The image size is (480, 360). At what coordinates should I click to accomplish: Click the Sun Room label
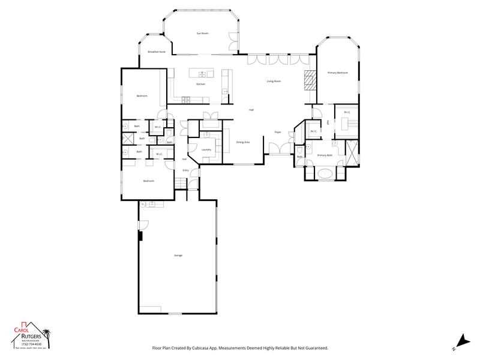pos(202,33)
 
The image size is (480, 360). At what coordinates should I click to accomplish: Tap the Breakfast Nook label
pos(157,52)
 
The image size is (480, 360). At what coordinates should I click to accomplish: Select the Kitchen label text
pos(200,84)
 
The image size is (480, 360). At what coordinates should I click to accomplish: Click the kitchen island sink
pos(203,74)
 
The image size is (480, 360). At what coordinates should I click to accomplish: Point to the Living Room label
pos(274,81)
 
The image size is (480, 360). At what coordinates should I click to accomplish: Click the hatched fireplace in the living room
pos(309,79)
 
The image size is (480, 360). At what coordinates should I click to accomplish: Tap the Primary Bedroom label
pos(337,73)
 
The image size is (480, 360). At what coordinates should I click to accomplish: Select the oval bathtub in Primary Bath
pos(325,174)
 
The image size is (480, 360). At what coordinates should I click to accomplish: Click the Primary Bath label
pos(325,155)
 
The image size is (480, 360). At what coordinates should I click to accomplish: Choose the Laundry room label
pos(206,149)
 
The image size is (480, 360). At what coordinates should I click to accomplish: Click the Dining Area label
pos(242,142)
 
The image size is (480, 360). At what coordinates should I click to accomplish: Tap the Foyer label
pos(278,131)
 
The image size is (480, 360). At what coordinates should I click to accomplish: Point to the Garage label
pos(178,256)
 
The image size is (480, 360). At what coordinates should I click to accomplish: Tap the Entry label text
pos(185,170)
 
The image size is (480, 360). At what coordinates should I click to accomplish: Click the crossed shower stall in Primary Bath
pos(350,148)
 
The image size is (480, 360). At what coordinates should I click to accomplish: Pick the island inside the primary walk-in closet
pos(346,123)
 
